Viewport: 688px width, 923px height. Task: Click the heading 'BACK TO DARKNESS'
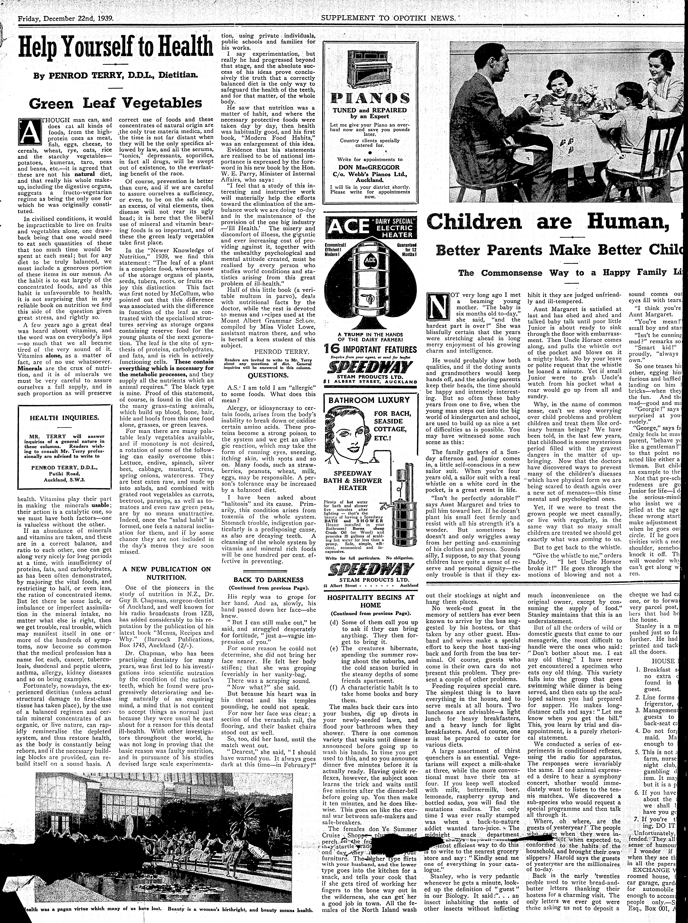pos(268,580)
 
